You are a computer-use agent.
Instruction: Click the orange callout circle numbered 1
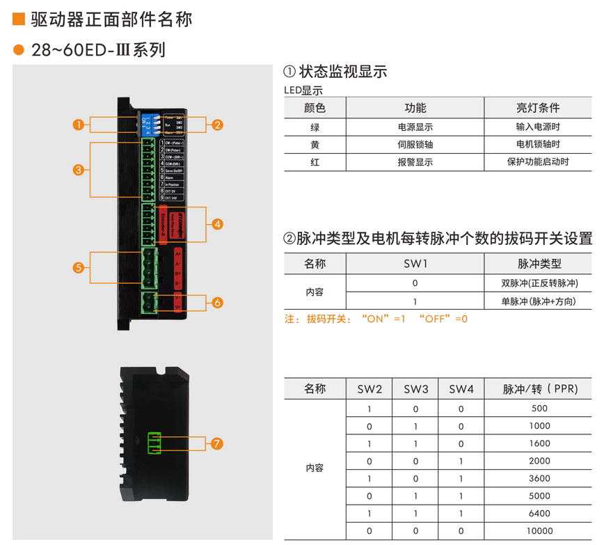click(78, 125)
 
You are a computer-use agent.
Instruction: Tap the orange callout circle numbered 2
click(218, 125)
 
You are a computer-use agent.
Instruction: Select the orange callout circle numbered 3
click(78, 169)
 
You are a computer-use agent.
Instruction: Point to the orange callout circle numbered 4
click(218, 224)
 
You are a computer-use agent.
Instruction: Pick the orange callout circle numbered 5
click(78, 267)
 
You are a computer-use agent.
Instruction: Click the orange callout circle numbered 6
click(218, 303)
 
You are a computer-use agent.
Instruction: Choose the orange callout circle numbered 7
click(218, 443)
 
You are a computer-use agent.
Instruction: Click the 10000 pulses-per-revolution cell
click(539, 531)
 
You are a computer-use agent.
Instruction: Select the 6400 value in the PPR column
click(539, 514)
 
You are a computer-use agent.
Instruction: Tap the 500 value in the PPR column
click(539, 409)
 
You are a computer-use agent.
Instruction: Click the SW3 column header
click(415, 389)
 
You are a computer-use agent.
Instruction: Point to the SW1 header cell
click(415, 264)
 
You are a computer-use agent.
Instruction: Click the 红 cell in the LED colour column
click(315, 162)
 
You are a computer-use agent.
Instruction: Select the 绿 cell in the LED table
click(315, 127)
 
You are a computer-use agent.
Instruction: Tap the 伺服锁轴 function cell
click(415, 145)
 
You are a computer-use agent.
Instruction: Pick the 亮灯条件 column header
click(538, 108)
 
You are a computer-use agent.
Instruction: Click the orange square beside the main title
click(19, 19)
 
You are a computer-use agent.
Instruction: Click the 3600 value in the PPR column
click(539, 479)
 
